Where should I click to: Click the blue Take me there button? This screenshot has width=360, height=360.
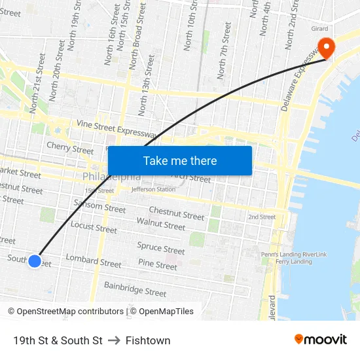(179, 160)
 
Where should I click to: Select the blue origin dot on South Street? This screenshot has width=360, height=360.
(35, 261)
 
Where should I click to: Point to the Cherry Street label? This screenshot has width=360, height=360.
(70, 149)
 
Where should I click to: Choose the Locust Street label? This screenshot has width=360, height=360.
(94, 227)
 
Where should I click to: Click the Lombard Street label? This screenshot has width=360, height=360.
(94, 262)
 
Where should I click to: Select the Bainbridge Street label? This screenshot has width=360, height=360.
(135, 289)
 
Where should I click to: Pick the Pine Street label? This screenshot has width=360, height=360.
(158, 265)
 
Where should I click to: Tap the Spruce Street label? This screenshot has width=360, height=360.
(161, 249)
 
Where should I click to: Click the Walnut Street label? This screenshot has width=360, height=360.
(161, 224)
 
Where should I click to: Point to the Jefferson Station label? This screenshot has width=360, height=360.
(154, 190)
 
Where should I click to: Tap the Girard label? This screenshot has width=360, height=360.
(319, 29)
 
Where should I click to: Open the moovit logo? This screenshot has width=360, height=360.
(321, 339)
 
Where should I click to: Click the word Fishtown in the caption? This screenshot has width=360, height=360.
(148, 340)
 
